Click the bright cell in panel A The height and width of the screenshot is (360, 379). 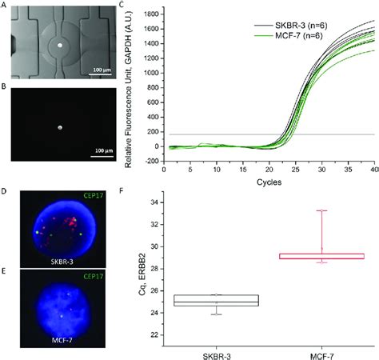pyautogui.click(x=59, y=46)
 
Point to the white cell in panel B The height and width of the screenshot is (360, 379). pyautogui.click(x=59, y=126)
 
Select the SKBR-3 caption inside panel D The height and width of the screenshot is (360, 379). pyautogui.click(x=58, y=262)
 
